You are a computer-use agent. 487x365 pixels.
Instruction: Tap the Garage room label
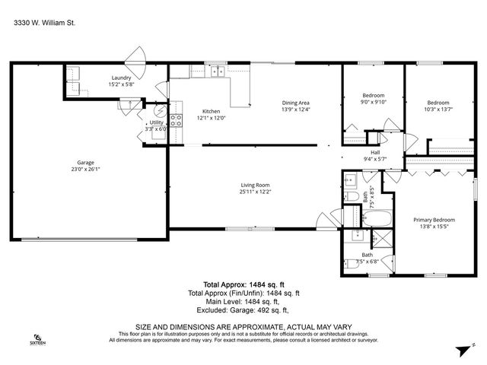coord(85,161)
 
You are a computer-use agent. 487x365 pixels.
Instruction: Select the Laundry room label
coord(122,78)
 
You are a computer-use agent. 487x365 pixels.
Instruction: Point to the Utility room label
coord(155,122)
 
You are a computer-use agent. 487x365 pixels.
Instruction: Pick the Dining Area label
coord(295,103)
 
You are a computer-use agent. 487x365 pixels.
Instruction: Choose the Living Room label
coord(256,185)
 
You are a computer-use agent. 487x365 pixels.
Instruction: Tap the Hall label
coord(375,152)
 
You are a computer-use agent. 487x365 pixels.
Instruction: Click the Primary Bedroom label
coord(432,221)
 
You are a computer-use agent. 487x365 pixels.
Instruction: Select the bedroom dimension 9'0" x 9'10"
coord(374,103)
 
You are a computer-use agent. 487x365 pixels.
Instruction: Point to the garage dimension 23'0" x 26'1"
coord(85,168)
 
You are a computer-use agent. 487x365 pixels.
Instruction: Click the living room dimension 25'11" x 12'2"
coord(256,192)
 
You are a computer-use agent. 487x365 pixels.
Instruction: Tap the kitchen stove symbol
coord(175,119)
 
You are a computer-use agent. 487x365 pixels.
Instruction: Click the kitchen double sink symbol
coord(217,72)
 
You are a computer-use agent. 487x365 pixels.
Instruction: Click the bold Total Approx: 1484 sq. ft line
coord(243,284)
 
